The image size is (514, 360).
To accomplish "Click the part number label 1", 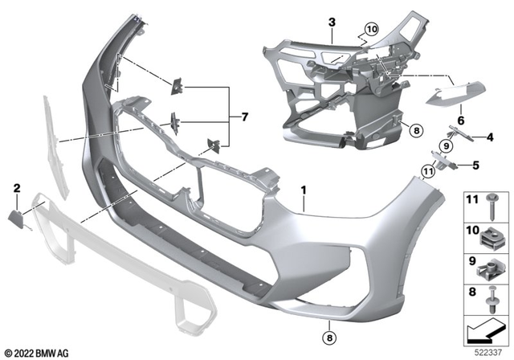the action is coord(304,190).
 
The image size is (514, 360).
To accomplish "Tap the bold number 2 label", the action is coord(17,188).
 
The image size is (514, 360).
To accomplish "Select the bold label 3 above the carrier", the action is coord(332,22).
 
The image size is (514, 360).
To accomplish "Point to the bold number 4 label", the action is coord(490,137).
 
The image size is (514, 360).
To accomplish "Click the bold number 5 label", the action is coord(475,166).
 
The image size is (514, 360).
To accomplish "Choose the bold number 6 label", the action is coord(461,121).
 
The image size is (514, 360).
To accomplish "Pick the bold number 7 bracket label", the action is coord(244,117).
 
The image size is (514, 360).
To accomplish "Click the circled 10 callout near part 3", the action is coord(372,29).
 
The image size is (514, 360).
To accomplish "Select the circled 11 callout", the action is coord(428,171).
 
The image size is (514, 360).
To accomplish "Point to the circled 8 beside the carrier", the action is coord(416,131).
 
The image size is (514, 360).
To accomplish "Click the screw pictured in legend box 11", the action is coord(492,207).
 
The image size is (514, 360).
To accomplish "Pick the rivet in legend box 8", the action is coord(492,300).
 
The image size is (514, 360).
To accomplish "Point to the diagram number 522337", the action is coord(488,353).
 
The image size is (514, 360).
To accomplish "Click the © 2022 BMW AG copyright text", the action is coord(37,354).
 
